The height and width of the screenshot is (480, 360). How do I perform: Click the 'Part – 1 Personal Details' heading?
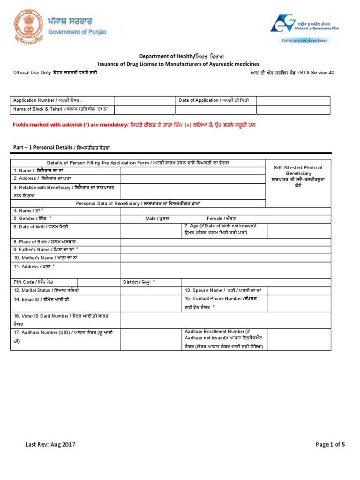pyautogui.click(x=61, y=147)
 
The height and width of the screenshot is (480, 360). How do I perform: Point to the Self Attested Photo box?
pyautogui.click(x=298, y=183)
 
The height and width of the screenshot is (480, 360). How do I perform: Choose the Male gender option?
pyautogui.click(x=157, y=218)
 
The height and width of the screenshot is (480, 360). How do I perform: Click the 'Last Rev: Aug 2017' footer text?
pyautogui.click(x=50, y=445)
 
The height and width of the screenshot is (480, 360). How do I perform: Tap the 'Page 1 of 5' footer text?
pyautogui.click(x=330, y=445)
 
